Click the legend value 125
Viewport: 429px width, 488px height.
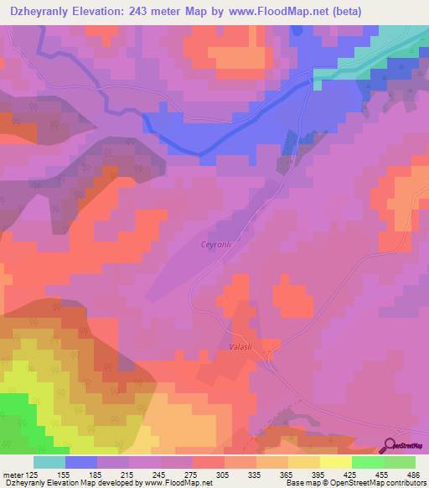click(x=33, y=474)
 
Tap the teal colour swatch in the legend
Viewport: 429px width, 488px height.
click(x=49, y=462)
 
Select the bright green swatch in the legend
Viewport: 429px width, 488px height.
click(x=367, y=462)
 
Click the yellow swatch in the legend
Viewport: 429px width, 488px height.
click(x=335, y=462)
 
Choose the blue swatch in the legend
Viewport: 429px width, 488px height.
click(x=81, y=462)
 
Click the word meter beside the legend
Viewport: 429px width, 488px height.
click(x=12, y=474)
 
